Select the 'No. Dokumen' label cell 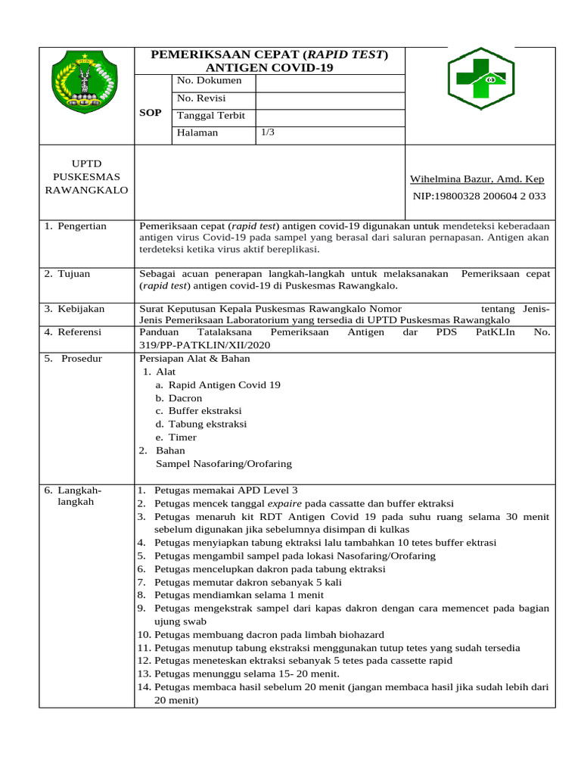tap(209, 80)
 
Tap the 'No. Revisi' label tap(200, 98)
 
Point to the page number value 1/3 tap(268, 132)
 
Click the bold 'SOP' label tap(151, 113)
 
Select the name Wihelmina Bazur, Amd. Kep tap(477, 179)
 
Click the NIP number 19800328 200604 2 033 tap(479, 196)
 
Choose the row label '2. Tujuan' tap(68, 273)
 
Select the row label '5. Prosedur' tap(73, 359)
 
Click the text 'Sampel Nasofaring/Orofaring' tap(223, 464)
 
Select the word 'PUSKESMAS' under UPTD tap(86, 176)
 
